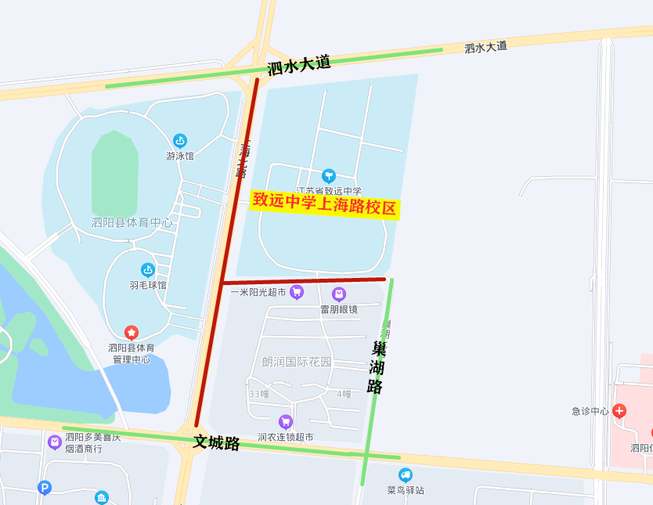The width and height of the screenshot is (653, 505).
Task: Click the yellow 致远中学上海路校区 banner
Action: (325, 204)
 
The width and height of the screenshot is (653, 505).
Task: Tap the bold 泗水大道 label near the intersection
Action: (299, 65)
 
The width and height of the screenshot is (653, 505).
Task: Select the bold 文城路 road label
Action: (216, 442)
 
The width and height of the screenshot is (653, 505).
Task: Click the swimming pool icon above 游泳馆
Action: (180, 141)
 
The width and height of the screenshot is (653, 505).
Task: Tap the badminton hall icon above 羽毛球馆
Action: (148, 270)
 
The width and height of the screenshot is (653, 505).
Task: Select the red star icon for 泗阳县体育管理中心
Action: (132, 332)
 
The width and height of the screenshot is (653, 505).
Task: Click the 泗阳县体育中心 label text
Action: (132, 222)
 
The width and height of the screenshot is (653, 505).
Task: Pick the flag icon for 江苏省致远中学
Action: (329, 175)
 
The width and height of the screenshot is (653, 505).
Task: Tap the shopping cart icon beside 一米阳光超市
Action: (297, 292)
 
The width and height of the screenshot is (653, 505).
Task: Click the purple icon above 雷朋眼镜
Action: (339, 294)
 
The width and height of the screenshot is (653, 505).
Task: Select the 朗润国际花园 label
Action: (297, 362)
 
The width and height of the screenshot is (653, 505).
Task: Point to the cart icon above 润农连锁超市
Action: (286, 422)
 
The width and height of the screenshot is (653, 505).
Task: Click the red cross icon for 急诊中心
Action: (619, 410)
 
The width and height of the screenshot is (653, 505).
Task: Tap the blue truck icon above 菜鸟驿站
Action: (406, 475)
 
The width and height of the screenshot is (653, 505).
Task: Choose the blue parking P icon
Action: (45, 488)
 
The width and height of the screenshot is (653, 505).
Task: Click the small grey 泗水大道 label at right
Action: (485, 47)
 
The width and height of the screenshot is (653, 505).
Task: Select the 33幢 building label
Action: (258, 394)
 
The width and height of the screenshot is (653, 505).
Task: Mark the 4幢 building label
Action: (344, 394)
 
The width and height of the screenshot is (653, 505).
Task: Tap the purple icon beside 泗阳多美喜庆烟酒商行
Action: (54, 442)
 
